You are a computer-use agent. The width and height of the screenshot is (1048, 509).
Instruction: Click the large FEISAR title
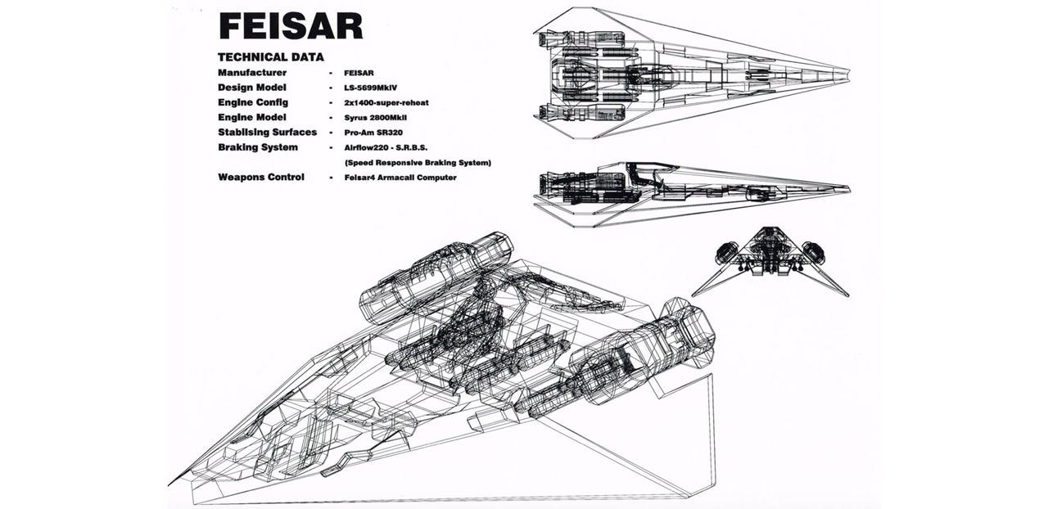coord(290,25)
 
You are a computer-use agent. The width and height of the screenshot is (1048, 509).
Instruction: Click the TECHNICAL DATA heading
coord(270,57)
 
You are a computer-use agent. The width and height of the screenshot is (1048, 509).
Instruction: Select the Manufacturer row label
coord(252,73)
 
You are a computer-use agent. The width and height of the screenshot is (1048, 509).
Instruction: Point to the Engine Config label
coord(253,102)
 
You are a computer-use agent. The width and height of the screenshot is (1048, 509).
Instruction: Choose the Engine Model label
coord(251,117)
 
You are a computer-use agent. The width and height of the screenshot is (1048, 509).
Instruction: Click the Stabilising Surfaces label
coord(267,132)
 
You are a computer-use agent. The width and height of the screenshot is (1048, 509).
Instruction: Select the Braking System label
coord(258,147)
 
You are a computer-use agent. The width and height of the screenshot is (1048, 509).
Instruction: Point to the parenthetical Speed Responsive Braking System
coord(418,162)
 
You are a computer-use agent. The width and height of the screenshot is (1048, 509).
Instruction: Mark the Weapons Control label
coord(261,177)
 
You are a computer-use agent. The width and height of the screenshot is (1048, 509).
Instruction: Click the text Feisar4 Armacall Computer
coord(400,177)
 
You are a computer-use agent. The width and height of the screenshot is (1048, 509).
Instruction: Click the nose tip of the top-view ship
coord(849,72)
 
